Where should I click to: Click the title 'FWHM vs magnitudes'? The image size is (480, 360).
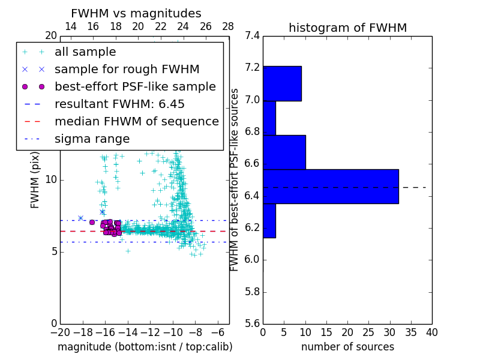click(x=136, y=13)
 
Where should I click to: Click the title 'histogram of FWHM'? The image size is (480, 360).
click(x=347, y=28)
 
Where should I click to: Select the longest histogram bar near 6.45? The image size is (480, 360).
click(x=331, y=187)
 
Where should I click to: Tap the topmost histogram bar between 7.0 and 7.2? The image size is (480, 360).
click(x=282, y=83)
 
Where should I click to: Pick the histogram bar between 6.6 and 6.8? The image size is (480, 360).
click(x=284, y=152)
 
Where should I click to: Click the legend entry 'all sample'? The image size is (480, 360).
click(x=85, y=52)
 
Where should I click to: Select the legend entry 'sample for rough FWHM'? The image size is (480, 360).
click(x=127, y=69)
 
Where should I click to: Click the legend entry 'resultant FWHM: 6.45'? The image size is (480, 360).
click(x=119, y=104)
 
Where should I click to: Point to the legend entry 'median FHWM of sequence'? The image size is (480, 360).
click(x=137, y=121)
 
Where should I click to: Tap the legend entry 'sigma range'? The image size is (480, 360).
click(x=92, y=139)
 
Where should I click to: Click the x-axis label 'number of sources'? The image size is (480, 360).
click(x=347, y=347)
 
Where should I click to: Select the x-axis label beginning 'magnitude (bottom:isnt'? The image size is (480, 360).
click(x=145, y=347)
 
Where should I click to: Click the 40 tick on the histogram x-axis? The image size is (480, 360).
click(x=432, y=332)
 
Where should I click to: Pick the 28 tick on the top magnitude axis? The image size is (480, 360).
click(x=229, y=26)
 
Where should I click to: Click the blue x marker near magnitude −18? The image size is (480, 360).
click(x=80, y=218)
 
